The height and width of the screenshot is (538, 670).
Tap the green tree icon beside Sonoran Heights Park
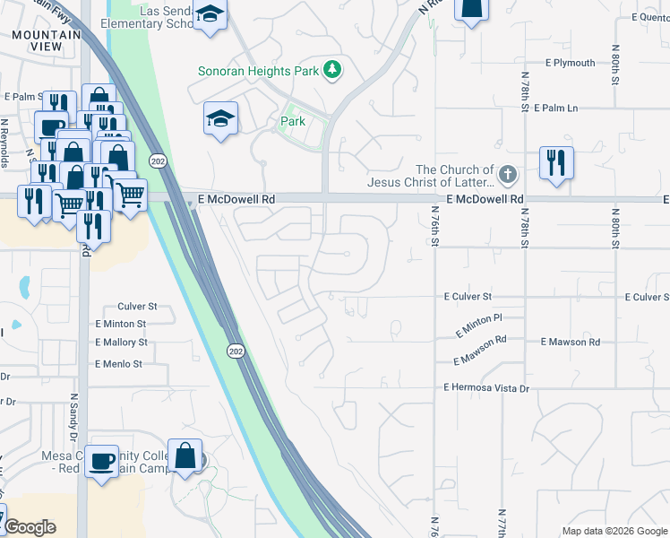coord(332,69)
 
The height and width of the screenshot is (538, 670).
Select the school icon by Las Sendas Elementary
coord(211,15)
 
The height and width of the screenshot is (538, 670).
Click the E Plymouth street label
coord(571,63)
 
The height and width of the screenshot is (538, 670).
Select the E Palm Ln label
coord(555,108)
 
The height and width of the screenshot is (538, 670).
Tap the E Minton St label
coord(120,324)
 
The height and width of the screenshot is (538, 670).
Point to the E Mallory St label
coord(121,343)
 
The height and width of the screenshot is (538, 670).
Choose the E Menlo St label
coord(118,364)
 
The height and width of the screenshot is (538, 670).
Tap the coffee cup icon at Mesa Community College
coord(102,460)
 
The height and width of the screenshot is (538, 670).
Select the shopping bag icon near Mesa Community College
coord(185,456)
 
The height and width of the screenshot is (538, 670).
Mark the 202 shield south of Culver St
coord(233,349)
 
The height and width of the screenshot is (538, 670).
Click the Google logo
coord(30,527)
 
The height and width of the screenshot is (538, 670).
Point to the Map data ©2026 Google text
coord(614,531)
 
